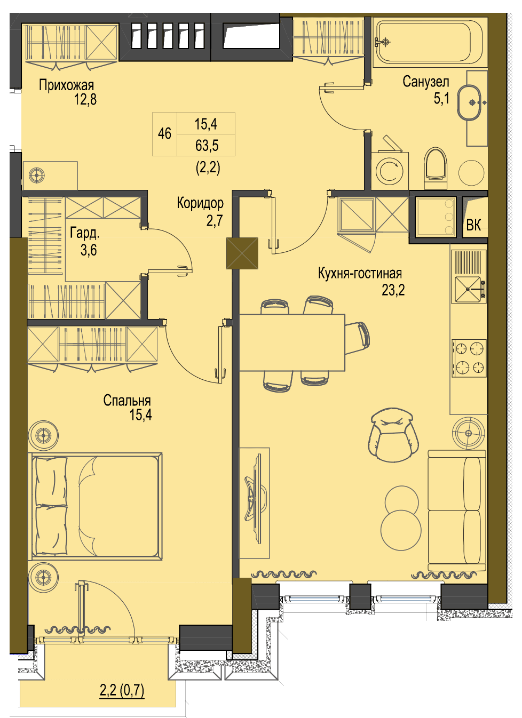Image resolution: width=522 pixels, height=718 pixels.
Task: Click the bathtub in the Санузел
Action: pyautogui.click(x=429, y=42)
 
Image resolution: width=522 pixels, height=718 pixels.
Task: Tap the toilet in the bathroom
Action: pyautogui.click(x=435, y=168)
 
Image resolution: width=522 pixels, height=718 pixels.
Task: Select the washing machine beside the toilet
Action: pyautogui.click(x=390, y=171)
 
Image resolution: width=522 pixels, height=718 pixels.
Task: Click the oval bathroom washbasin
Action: pyautogui.click(x=469, y=102)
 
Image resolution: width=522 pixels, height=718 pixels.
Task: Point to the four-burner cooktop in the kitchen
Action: pyautogui.click(x=469, y=358)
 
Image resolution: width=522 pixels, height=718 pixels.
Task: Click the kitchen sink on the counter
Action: pyautogui.click(x=469, y=290)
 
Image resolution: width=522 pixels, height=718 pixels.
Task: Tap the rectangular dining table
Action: pyautogui.click(x=292, y=342)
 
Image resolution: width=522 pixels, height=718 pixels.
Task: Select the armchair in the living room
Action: pyautogui.click(x=393, y=434)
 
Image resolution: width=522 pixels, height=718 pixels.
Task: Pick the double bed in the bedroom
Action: pyautogui.click(x=95, y=506)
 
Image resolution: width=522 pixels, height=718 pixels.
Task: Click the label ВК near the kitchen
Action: pyautogui.click(x=473, y=225)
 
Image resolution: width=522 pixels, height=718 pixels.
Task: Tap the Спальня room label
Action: pyautogui.click(x=127, y=401)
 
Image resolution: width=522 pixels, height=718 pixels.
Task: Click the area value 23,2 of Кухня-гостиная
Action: pyautogui.click(x=393, y=290)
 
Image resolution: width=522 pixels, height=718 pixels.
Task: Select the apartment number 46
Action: pyautogui.click(x=164, y=133)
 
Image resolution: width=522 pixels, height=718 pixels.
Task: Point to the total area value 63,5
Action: pyautogui.click(x=207, y=145)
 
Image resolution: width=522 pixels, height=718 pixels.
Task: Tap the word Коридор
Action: pyautogui.click(x=200, y=203)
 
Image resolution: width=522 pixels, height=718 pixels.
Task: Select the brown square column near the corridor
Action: pyautogui.click(x=242, y=253)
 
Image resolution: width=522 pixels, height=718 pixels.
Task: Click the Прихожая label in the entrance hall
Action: pyautogui.click(x=66, y=85)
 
